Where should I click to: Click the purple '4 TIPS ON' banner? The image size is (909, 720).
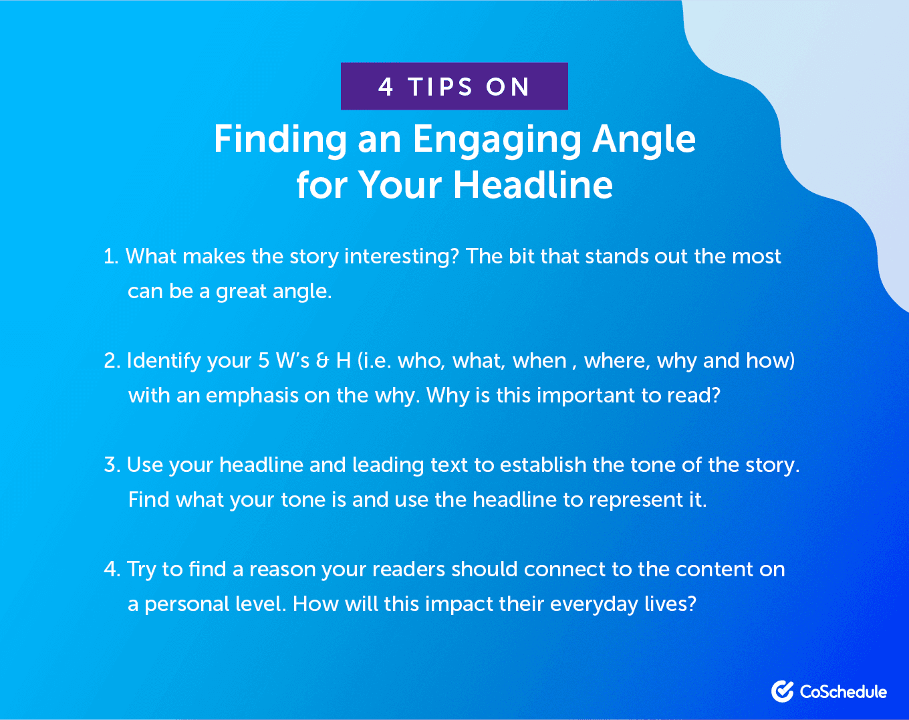click(x=454, y=86)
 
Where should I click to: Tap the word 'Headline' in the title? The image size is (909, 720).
click(x=533, y=185)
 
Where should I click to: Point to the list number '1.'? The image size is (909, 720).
click(x=111, y=257)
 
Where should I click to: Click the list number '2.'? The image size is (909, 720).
click(x=112, y=361)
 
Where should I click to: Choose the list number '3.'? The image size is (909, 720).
click(x=112, y=465)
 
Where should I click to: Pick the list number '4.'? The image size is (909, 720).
click(x=112, y=570)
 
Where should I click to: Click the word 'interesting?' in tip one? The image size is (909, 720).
click(x=401, y=257)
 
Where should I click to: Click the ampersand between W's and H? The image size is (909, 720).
click(x=323, y=361)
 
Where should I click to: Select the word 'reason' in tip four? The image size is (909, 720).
click(x=282, y=570)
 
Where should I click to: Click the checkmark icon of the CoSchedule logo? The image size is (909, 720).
click(x=782, y=691)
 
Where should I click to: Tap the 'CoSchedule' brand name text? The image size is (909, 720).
click(x=843, y=692)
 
